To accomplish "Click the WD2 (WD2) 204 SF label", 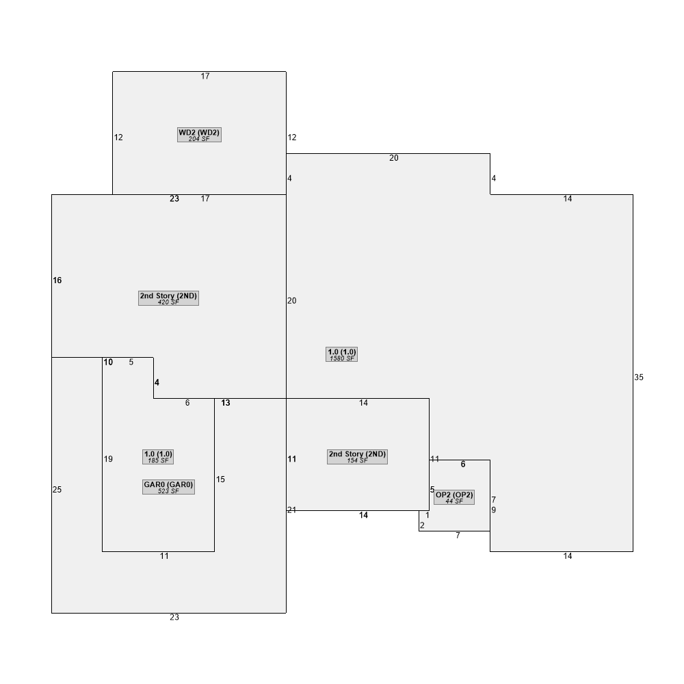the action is click(x=199, y=135).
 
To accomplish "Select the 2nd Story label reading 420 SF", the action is click(x=168, y=298).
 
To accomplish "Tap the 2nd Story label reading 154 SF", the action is click(x=357, y=457).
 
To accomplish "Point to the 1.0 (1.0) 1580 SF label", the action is click(x=341, y=354).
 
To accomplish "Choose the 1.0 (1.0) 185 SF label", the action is click(x=158, y=457).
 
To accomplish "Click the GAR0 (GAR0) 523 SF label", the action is click(x=168, y=487).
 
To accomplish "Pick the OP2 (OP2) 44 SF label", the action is click(x=454, y=497).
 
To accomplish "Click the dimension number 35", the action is click(x=639, y=378).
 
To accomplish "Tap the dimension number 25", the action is click(x=57, y=490).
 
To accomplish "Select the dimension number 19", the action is click(x=108, y=459).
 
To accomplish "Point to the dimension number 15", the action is click(x=220, y=479).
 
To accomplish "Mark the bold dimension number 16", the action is click(x=57, y=280).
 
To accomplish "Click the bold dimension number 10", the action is click(x=108, y=362).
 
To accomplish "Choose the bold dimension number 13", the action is click(x=226, y=403).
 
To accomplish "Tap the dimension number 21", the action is click(x=292, y=510).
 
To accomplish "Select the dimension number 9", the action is click(x=493, y=510).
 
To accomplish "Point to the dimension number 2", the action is click(x=422, y=525).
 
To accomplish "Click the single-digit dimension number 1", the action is click(x=428, y=515).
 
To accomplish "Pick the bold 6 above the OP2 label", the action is click(x=463, y=464).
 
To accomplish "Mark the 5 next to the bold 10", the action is click(x=131, y=362).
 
